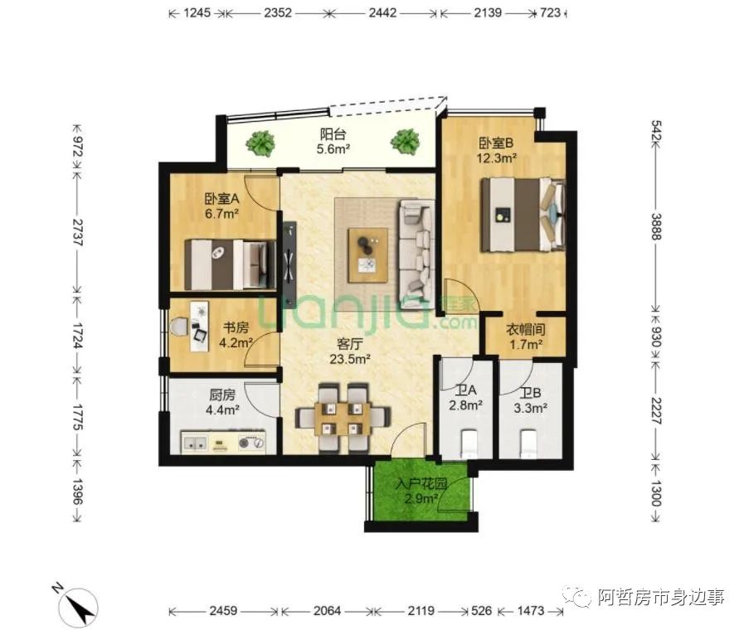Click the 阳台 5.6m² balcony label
[x=333, y=141]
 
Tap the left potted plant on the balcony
[x=260, y=143]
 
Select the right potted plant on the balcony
[x=405, y=142]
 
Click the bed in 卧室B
[x=523, y=215]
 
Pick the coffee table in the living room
[x=367, y=255]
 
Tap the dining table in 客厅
[x=343, y=418]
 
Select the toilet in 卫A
[x=467, y=443]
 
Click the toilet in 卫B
[x=528, y=443]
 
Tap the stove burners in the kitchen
[x=251, y=443]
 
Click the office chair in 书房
[x=179, y=327]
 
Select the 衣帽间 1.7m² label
[x=525, y=337]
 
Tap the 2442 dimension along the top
[x=382, y=12]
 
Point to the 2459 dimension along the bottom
[x=223, y=610]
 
